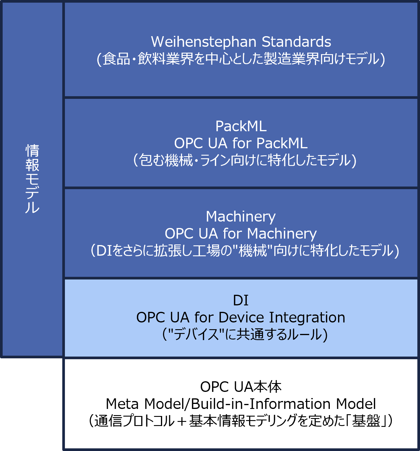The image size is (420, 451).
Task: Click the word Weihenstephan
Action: (x=204, y=42)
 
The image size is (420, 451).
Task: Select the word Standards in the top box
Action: (x=296, y=42)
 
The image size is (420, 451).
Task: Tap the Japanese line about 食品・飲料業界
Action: (x=241, y=59)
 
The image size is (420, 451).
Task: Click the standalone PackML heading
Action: (x=241, y=126)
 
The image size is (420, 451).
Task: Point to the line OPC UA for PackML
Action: (x=241, y=143)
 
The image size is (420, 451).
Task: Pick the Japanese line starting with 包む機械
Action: (x=245, y=161)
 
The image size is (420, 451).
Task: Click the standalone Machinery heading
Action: (x=241, y=217)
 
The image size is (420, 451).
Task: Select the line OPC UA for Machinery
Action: (x=241, y=234)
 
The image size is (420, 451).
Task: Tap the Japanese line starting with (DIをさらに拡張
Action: (x=245, y=251)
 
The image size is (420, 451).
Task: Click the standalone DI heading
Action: (x=241, y=300)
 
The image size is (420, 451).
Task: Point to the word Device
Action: (x=241, y=317)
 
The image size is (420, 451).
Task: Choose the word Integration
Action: (x=307, y=317)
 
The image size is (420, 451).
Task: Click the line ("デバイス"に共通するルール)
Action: (x=245, y=335)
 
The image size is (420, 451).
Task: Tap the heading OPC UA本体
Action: (x=241, y=387)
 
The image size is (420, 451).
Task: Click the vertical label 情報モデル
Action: (x=32, y=179)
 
